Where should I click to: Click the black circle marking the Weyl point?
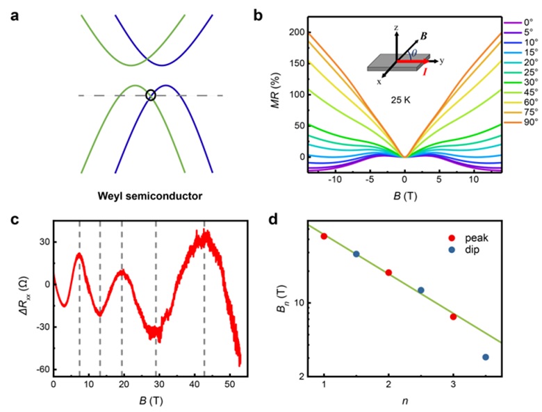151,91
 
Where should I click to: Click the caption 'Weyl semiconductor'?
149,197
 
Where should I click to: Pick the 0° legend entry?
518,23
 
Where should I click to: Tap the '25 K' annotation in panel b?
401,101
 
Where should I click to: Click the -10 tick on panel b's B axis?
334,179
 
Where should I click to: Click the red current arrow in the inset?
412,61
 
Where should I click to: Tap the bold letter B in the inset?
423,35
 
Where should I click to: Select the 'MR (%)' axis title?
277,90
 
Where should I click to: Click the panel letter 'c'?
14,220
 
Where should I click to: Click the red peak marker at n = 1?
324,236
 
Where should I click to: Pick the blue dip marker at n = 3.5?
486,357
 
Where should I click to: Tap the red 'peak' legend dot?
452,238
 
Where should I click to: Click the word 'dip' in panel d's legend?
473,249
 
